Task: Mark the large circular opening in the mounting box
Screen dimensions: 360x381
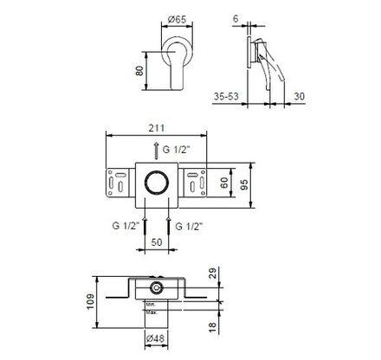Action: point(156,183)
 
